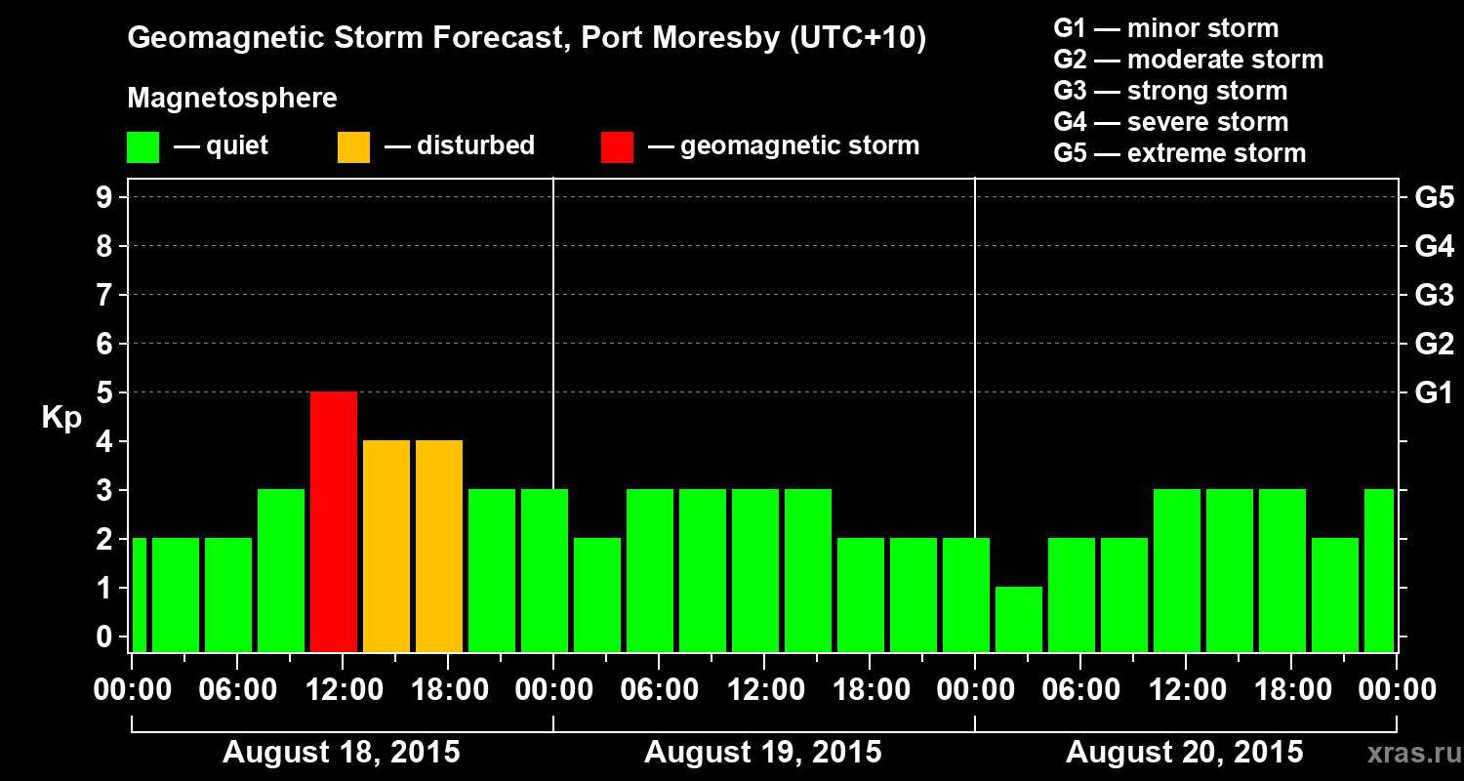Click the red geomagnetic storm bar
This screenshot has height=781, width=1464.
(x=334, y=521)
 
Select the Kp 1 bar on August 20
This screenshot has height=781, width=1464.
(x=1019, y=619)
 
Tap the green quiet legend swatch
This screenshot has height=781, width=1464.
(x=143, y=147)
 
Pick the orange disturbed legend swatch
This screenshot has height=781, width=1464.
(x=353, y=147)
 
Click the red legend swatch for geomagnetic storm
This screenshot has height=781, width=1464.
(x=617, y=147)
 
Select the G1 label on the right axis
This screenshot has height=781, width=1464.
(x=1434, y=393)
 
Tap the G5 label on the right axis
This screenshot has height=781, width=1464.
(x=1434, y=198)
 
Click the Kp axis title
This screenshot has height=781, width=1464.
(x=61, y=418)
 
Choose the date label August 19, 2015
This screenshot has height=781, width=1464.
(x=763, y=753)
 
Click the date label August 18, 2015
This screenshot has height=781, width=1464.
(x=342, y=753)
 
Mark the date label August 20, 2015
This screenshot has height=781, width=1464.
(x=1184, y=753)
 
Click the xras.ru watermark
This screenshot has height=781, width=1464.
(x=1406, y=753)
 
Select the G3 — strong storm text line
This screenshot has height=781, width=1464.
(x=1170, y=91)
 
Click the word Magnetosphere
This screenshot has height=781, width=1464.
(x=232, y=99)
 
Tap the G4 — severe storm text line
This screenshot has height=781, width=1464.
(x=1171, y=122)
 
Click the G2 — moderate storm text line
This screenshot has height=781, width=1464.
(x=1188, y=60)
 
